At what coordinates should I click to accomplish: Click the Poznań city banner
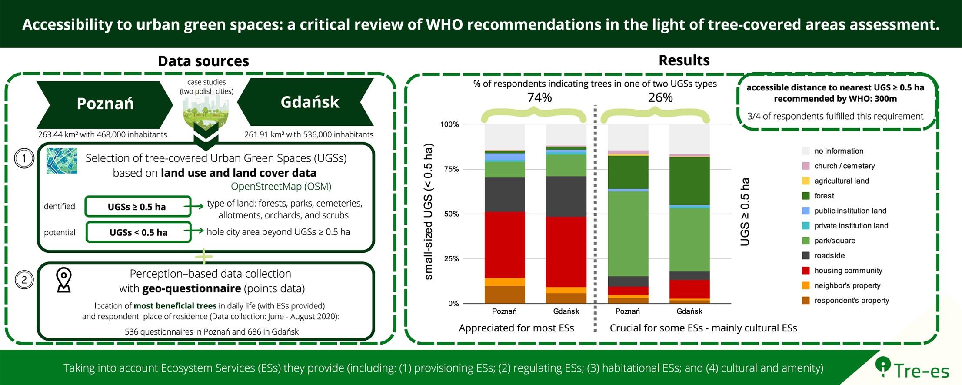(x=105, y=104)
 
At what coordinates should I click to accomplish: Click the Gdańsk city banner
(x=309, y=102)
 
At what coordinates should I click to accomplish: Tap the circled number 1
(x=24, y=159)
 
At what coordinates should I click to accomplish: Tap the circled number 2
(x=24, y=280)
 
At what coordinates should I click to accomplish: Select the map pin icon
(x=64, y=280)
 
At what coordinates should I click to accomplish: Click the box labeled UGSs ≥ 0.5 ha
(x=138, y=207)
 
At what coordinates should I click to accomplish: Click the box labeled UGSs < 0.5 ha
(x=138, y=232)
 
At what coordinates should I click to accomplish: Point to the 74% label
(x=539, y=98)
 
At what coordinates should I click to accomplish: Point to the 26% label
(x=660, y=98)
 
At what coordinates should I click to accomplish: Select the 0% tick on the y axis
(x=453, y=304)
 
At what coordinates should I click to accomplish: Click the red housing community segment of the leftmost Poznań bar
(x=505, y=244)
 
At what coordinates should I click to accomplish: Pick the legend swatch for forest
(x=806, y=196)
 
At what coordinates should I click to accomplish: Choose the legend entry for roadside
(x=829, y=256)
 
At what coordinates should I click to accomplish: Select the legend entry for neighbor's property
(x=847, y=286)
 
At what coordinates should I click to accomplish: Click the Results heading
(x=684, y=60)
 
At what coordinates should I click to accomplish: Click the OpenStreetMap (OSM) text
(x=281, y=187)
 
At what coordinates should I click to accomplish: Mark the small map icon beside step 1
(x=62, y=161)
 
